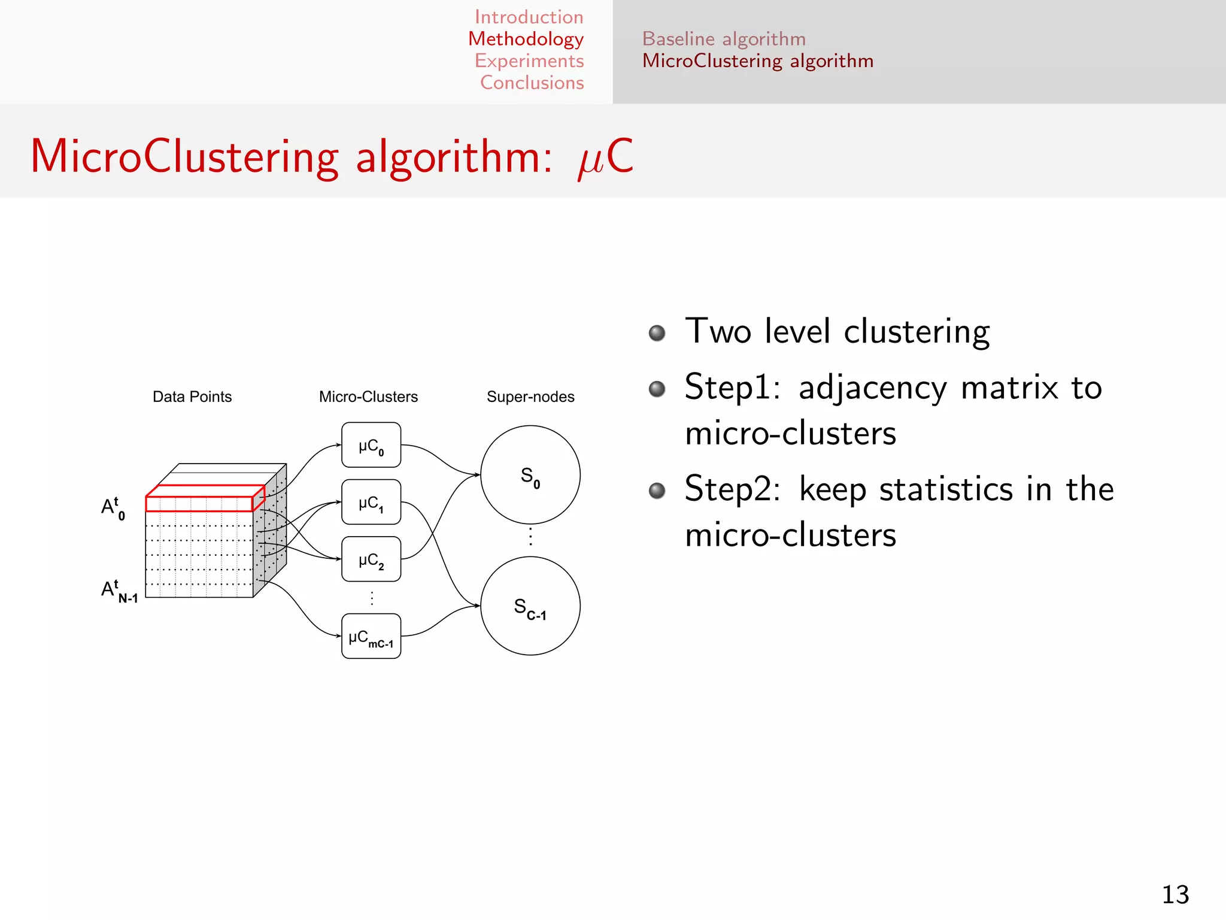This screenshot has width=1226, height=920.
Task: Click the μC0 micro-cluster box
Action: coord(371,445)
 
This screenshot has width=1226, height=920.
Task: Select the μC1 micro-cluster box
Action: coord(371,502)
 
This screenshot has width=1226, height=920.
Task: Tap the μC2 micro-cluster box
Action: coord(371,559)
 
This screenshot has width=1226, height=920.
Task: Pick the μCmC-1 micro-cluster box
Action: coord(371,636)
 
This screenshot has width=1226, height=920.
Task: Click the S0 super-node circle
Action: coord(530,475)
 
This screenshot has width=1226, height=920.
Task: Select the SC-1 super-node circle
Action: coord(530,606)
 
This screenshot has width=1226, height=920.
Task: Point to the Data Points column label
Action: coord(192,397)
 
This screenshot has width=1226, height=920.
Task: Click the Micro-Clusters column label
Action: coord(368,397)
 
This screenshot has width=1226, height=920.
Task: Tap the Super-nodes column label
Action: coord(530,397)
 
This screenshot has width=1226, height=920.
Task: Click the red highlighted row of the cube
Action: coord(199,503)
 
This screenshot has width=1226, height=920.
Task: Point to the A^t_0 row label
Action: coord(113,508)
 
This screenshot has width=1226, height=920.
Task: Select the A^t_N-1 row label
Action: coord(119,591)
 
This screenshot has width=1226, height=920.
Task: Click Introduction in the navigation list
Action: coord(529,17)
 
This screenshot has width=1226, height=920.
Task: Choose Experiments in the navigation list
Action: coord(529,60)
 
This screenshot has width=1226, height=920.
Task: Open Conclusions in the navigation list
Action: coord(532,83)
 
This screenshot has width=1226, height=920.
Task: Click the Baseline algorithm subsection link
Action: coord(724,39)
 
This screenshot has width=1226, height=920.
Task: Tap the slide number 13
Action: coord(1175,895)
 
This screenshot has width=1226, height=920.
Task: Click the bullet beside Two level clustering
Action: coord(657,333)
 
